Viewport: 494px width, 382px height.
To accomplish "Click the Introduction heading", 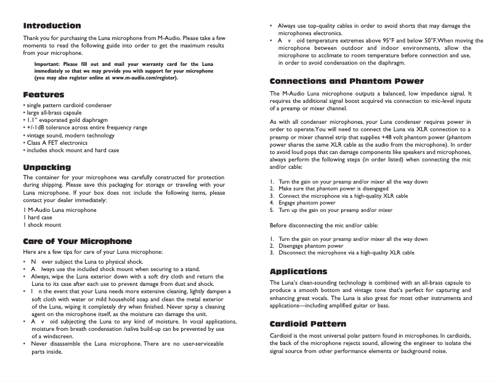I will pos(52,26).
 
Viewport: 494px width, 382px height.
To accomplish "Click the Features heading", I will pos(43,95).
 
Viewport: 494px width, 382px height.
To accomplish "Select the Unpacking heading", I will pos(47,168).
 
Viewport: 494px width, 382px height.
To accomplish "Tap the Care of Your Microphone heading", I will pos(77,241).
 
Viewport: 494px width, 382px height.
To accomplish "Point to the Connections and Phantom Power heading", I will pos(347,81).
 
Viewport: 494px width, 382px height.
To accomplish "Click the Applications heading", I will pos(299,272).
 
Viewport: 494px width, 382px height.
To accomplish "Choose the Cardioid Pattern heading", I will pos(308,324).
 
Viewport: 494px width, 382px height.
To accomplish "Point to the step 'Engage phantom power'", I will pos(307,203).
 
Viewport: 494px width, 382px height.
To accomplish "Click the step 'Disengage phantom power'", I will pos(311,246).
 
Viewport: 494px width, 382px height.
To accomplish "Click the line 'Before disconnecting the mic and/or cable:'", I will pos(325,225).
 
